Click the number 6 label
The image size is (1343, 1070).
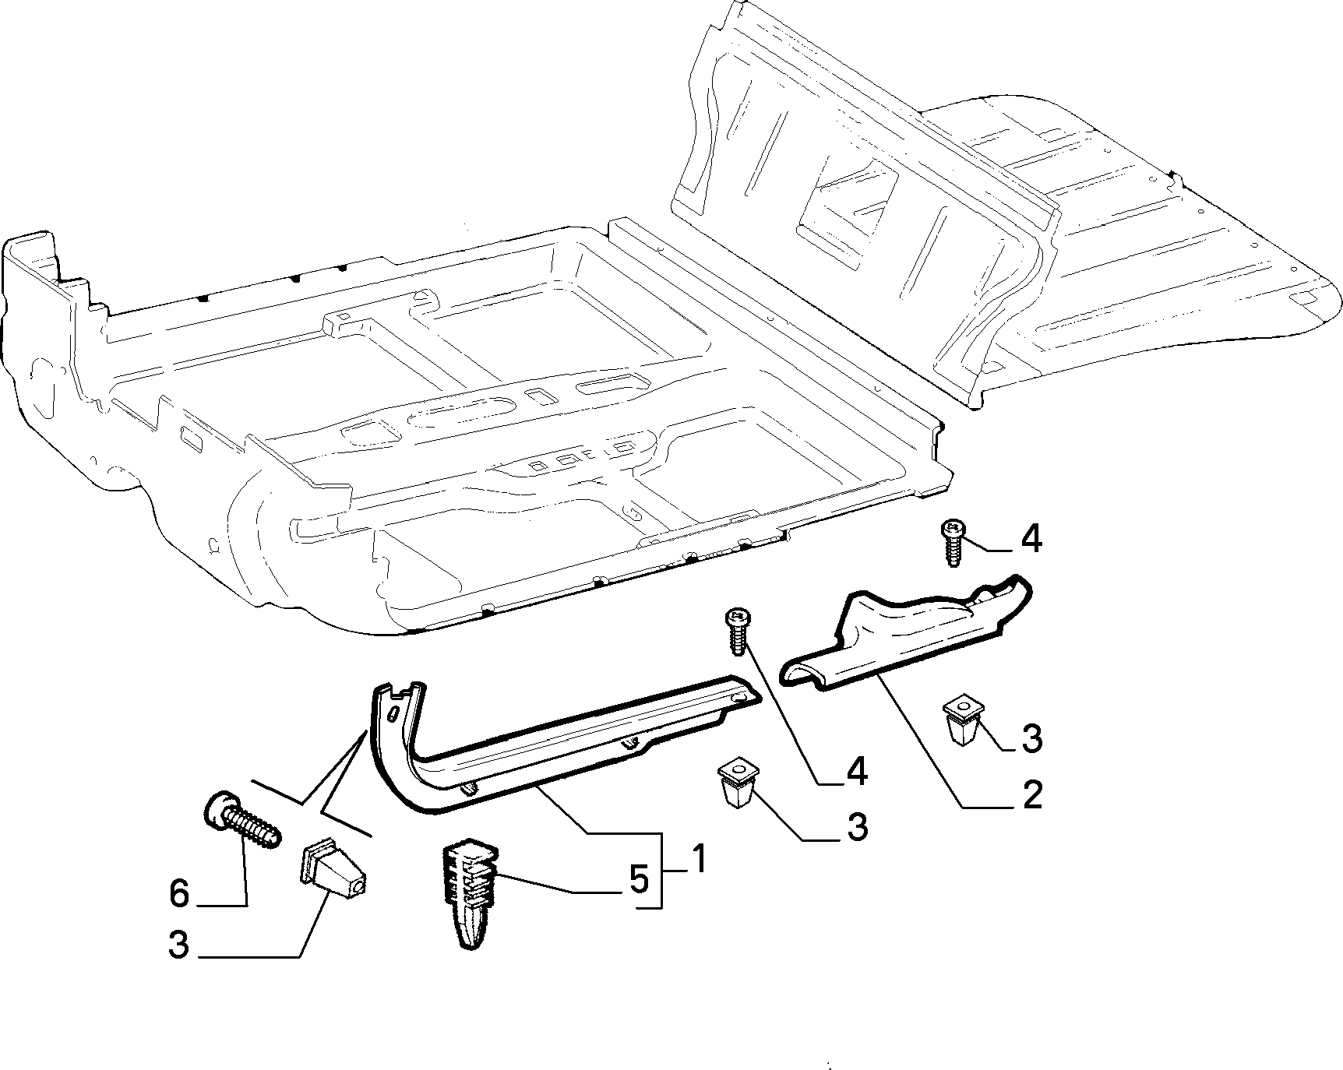179,893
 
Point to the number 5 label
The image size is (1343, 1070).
638,880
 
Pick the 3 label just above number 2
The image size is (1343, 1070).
1031,739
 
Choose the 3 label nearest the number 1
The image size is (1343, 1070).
857,826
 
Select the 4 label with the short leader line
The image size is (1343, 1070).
1031,539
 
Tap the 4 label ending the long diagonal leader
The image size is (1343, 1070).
856,771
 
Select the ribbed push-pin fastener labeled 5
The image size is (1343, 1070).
470,894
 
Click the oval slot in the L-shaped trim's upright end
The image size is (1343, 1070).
394,715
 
